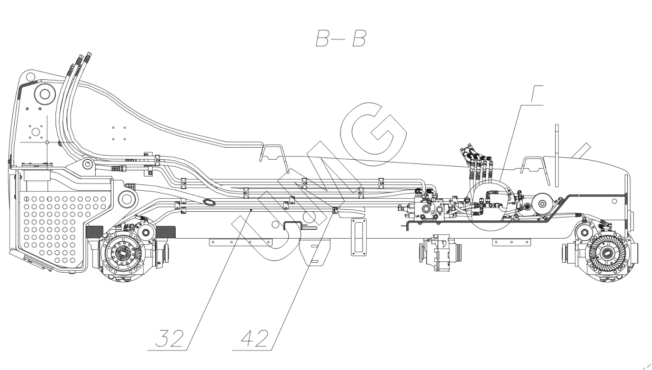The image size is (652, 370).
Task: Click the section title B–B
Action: [x=341, y=39]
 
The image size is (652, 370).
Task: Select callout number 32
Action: [x=169, y=338]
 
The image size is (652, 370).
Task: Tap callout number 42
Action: [x=254, y=338]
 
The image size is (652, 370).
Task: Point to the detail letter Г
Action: [x=537, y=94]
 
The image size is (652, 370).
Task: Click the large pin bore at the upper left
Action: [x=45, y=94]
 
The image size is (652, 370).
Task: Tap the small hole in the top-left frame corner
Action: [x=29, y=77]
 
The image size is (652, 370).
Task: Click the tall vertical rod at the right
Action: [x=557, y=156]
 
